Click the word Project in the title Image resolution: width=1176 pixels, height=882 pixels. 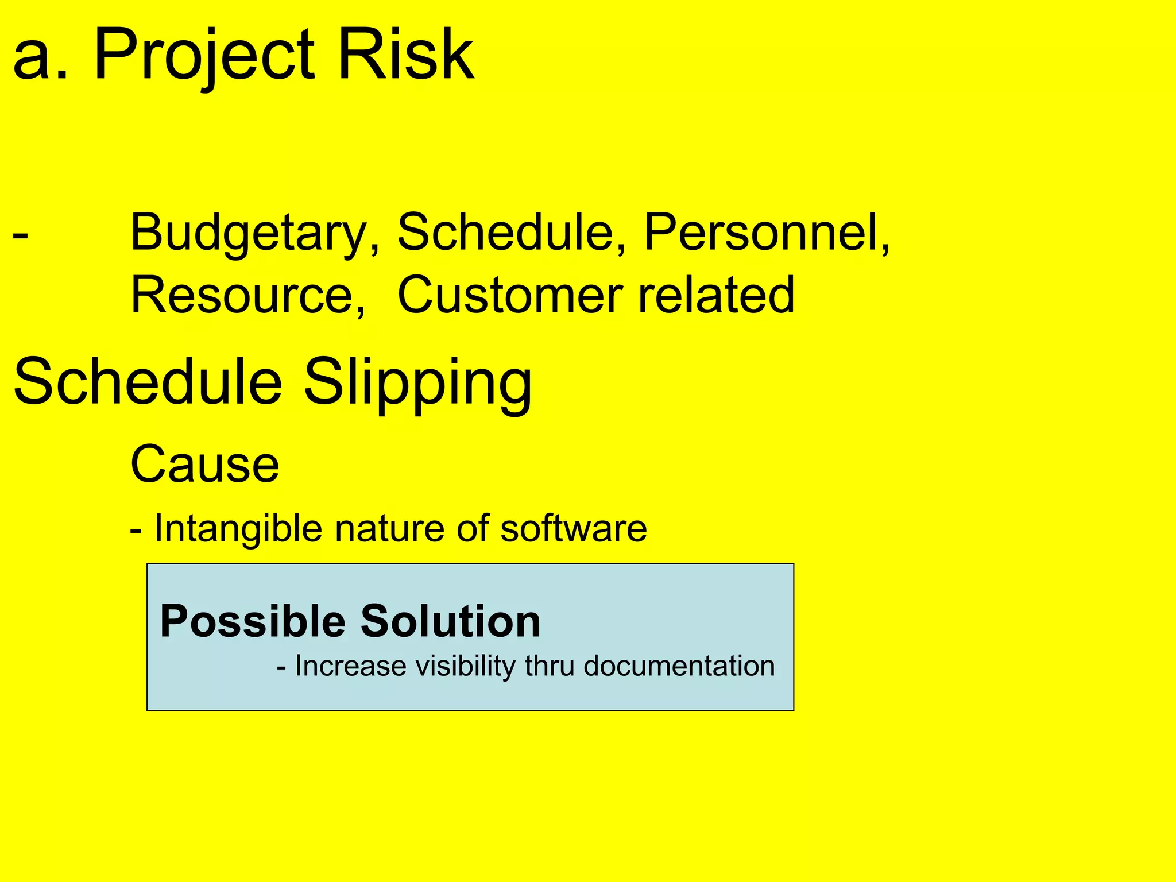(x=204, y=56)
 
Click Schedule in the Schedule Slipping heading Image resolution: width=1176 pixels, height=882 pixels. (x=148, y=381)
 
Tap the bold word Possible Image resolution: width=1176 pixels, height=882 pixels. (x=253, y=621)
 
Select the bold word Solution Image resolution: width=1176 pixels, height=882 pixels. (x=450, y=621)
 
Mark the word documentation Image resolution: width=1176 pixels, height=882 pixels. (x=679, y=666)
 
